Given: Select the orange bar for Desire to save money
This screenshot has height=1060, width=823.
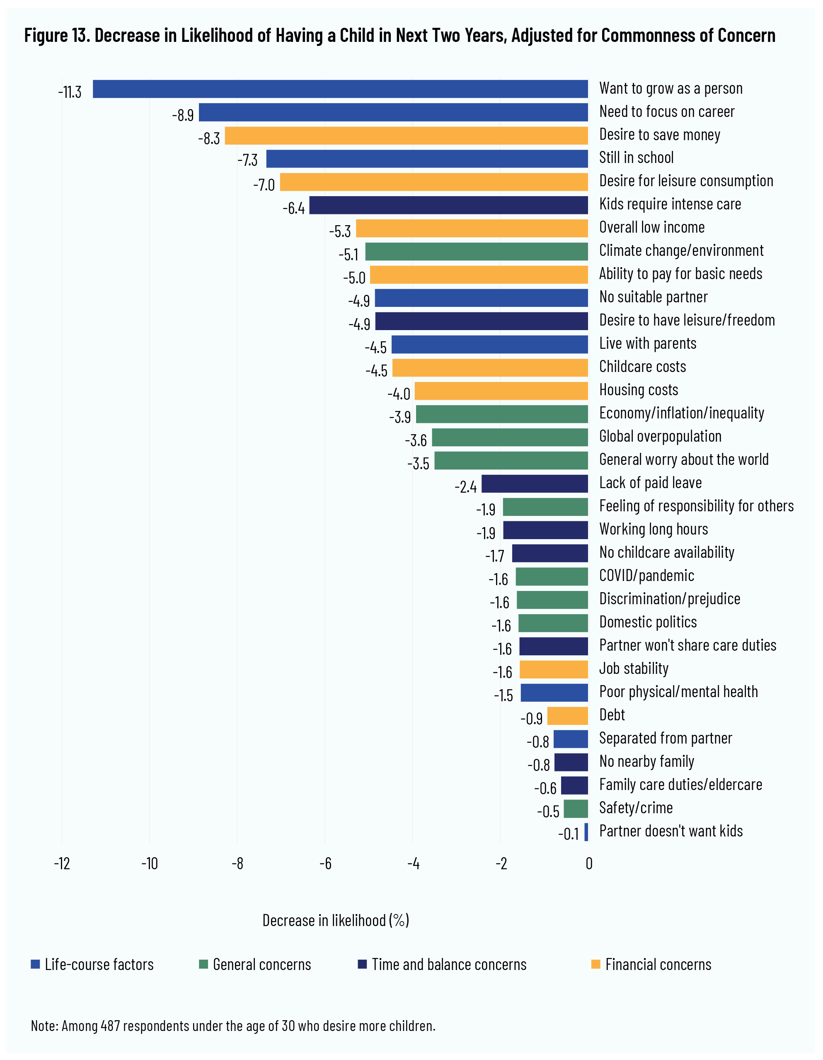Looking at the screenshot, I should point(406,136).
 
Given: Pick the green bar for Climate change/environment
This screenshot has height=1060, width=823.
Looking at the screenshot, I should point(476,252).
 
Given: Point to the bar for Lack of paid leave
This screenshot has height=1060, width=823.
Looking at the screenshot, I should point(535,484).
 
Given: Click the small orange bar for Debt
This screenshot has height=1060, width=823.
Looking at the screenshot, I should point(567,716).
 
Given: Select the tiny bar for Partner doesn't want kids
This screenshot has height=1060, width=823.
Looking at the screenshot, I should point(586,832).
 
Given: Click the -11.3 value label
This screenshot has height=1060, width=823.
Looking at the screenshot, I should point(70,92).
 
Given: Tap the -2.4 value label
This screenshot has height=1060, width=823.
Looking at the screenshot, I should point(465,486).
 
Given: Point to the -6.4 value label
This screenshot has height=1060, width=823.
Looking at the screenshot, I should point(294,208).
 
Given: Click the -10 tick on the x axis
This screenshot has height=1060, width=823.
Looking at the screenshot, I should point(149,863).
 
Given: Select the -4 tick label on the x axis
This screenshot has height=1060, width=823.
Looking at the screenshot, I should point(413,863).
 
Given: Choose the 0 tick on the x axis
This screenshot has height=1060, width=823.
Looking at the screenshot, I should point(589,863).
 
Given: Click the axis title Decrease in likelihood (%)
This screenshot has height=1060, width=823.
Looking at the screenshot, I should point(336,920).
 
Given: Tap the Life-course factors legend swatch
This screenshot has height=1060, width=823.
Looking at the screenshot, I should point(35,964).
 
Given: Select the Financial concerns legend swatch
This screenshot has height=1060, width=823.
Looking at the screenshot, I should point(595,964).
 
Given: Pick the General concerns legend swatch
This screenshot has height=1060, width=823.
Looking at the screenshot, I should point(203,964).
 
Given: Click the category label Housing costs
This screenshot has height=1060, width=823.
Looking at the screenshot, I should point(638,390).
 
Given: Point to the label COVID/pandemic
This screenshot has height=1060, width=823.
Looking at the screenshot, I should point(646,576).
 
